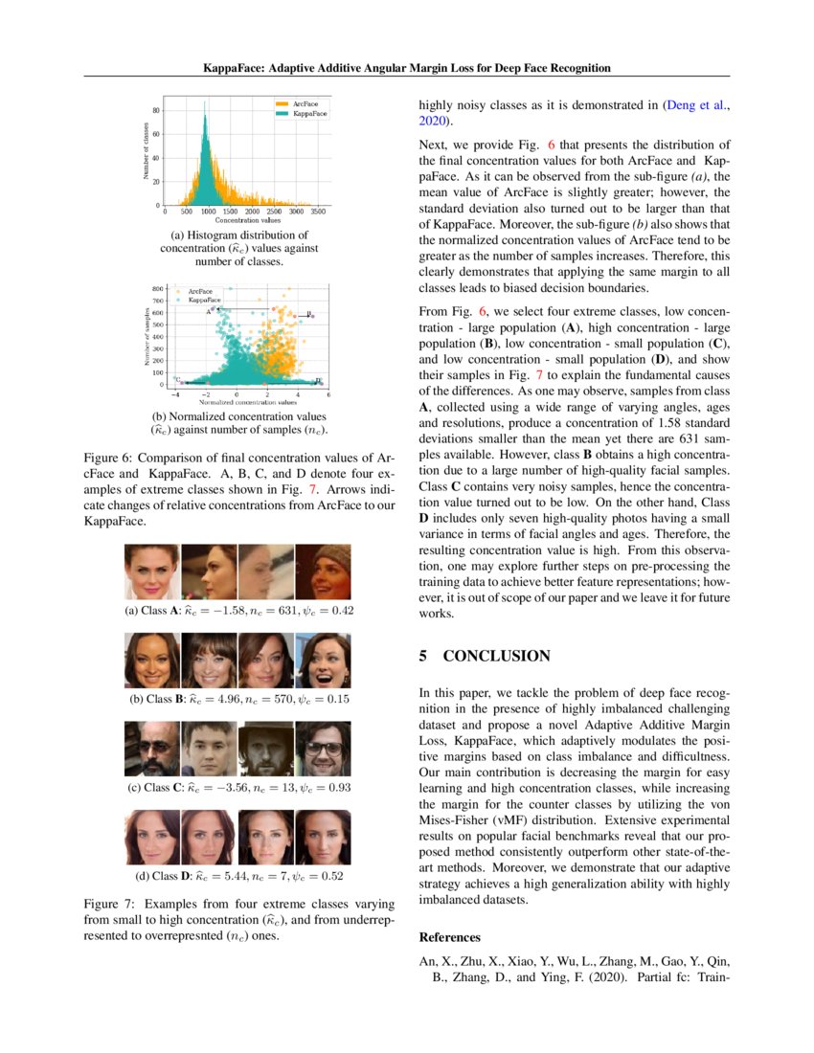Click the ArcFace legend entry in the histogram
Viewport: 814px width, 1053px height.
[x=305, y=102]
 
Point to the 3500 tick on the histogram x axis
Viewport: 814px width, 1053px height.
[x=319, y=212]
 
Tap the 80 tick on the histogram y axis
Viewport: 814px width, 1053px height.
[x=156, y=111]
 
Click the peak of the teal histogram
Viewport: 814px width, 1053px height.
[x=204, y=117]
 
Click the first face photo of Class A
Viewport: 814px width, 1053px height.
[x=151, y=572]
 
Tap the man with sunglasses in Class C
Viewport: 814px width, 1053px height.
[x=151, y=750]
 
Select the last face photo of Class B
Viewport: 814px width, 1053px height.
[x=323, y=661]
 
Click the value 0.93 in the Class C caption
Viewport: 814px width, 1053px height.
[x=323, y=788]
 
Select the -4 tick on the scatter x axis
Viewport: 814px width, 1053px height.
[x=174, y=393]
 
